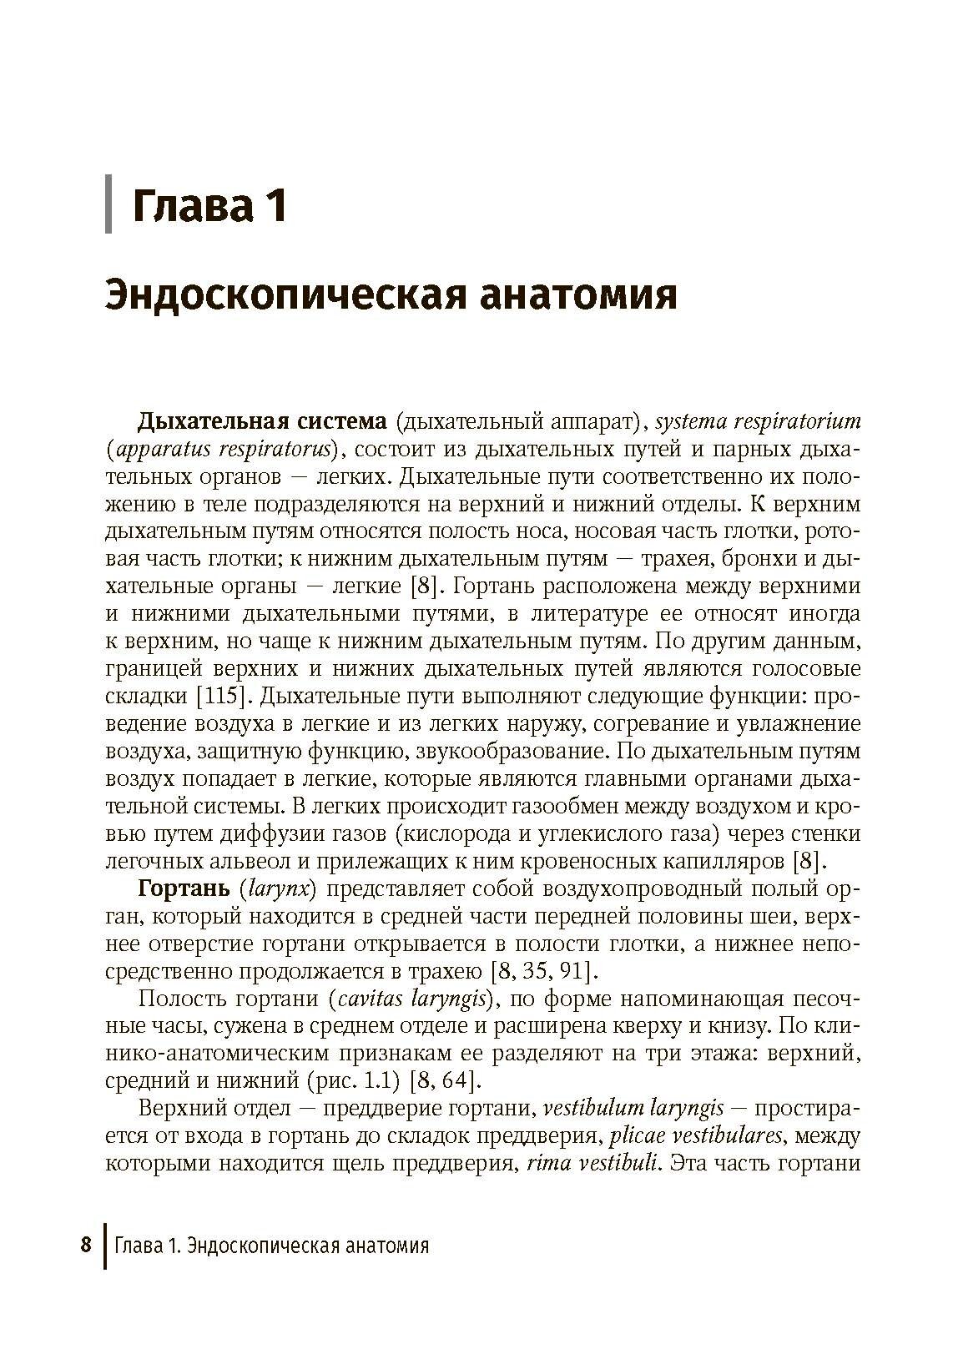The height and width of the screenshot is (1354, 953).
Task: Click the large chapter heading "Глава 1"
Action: pyautogui.click(x=209, y=205)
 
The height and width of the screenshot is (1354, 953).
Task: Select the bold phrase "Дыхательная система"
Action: pyautogui.click(x=262, y=421)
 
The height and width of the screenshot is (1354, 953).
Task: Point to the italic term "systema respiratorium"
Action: pyautogui.click(x=758, y=421)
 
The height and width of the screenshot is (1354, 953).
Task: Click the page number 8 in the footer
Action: pyautogui.click(x=85, y=1246)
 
